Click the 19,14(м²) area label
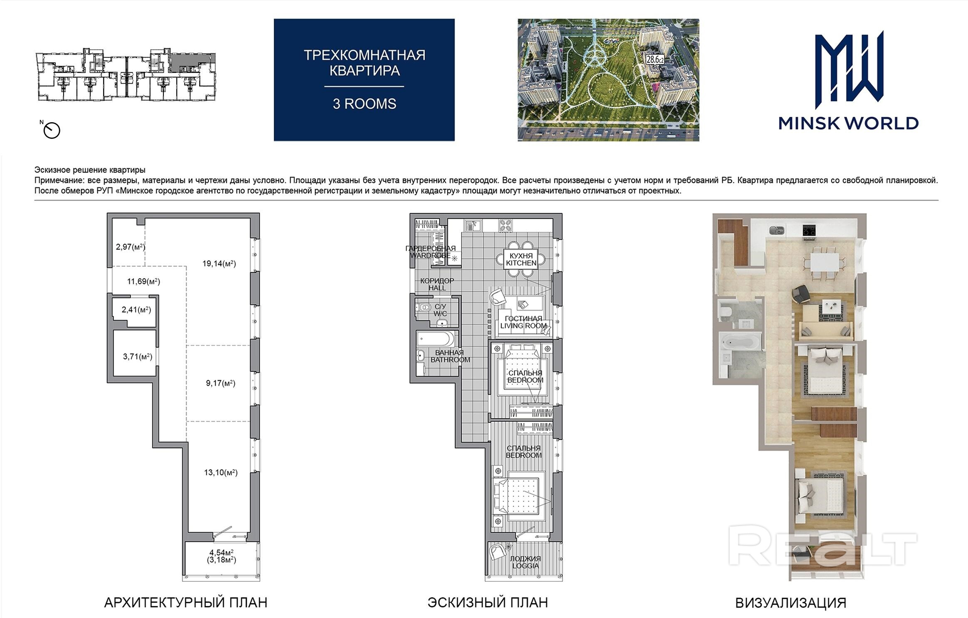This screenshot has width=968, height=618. [x=219, y=264]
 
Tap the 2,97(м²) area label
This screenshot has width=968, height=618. [x=131, y=247]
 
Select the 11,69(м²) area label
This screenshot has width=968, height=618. [x=143, y=282]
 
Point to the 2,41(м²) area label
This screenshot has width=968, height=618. [x=136, y=310]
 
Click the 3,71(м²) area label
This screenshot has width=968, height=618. [x=138, y=356]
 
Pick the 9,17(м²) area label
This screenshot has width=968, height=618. [x=221, y=383]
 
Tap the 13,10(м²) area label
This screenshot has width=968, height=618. [x=221, y=472]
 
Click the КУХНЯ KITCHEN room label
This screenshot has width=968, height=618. [x=521, y=260]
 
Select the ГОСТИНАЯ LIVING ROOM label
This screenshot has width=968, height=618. [x=524, y=322]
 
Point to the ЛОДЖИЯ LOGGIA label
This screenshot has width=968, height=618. [x=525, y=562]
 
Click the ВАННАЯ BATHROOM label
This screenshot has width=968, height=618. [x=450, y=356]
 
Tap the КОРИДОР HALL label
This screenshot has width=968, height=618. [x=437, y=284]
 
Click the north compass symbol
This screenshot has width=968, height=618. [x=52, y=130]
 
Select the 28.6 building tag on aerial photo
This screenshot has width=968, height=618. [x=654, y=59]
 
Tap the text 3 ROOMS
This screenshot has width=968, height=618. [x=364, y=104]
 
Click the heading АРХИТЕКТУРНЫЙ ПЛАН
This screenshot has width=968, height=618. [x=185, y=603]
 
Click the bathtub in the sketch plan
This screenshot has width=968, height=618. [x=436, y=339]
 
